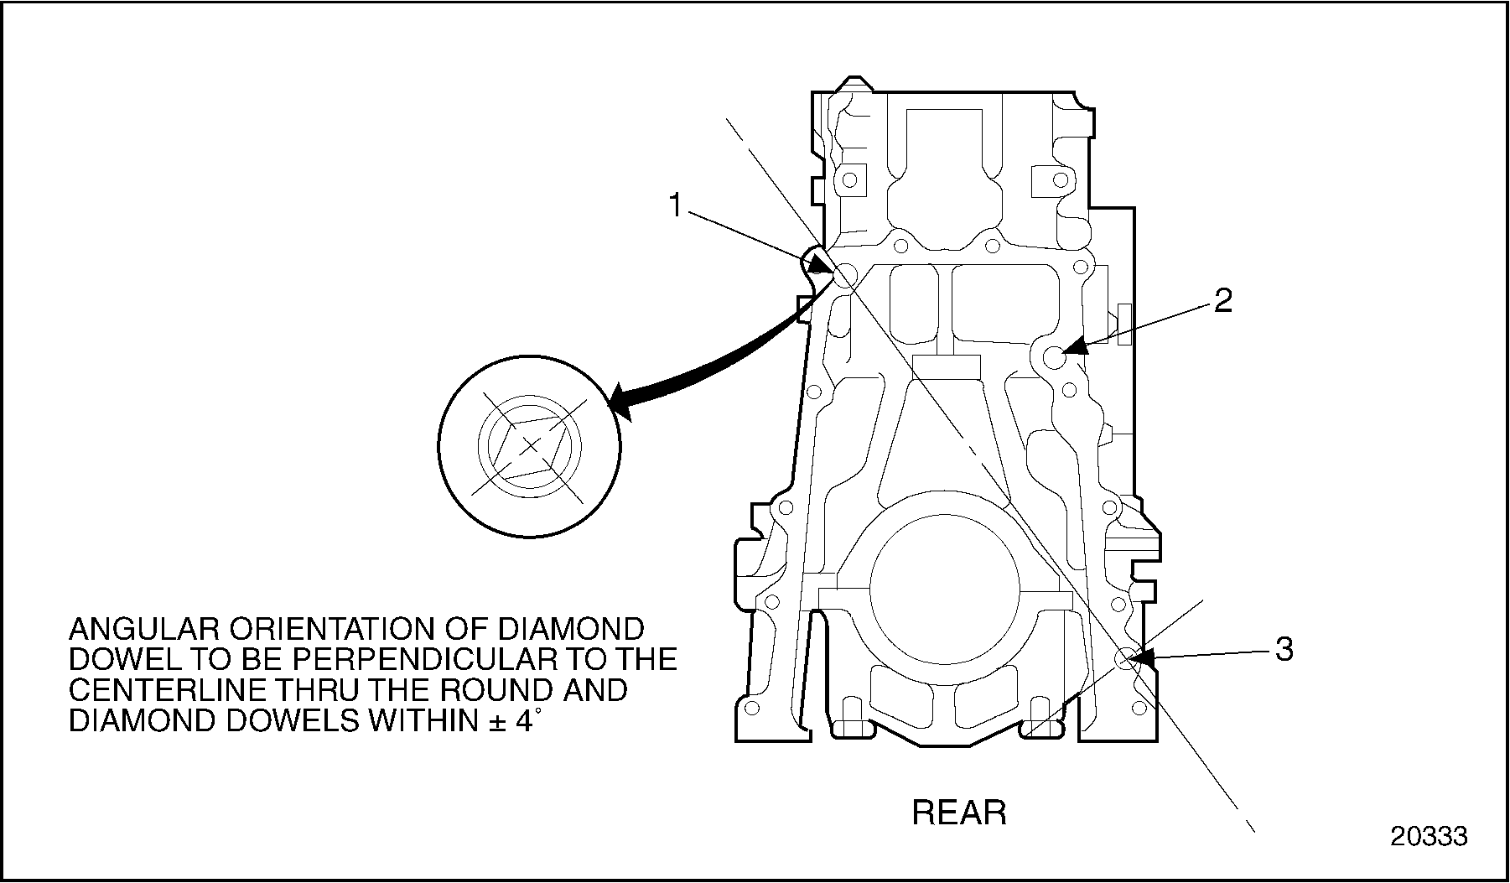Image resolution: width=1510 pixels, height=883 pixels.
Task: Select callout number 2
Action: [1223, 300]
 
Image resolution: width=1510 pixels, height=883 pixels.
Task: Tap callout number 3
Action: [1284, 648]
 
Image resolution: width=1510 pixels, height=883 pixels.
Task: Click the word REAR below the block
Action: [959, 812]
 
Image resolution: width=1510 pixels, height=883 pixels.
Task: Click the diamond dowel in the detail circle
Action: [529, 446]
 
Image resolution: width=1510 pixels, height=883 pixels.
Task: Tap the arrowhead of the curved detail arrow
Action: [619, 402]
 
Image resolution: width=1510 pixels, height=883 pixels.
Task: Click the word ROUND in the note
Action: [485, 689]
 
